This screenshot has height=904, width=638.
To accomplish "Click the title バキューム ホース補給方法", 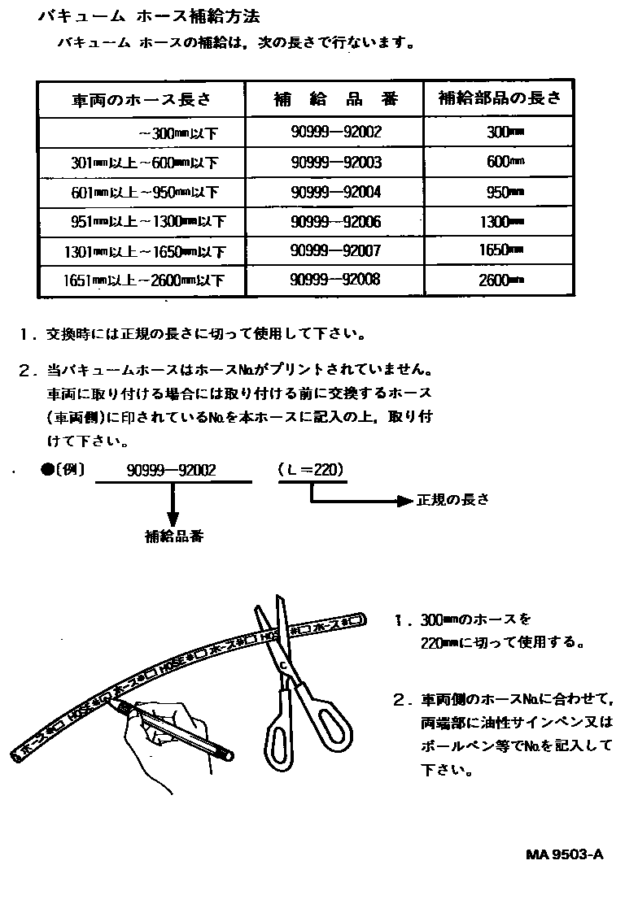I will pos(155,16).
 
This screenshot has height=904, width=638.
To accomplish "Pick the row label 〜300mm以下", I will pos(178,133).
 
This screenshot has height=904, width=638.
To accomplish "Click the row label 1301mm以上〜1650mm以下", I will pos(143,252).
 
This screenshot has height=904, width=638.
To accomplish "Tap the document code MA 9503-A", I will pos(565,854).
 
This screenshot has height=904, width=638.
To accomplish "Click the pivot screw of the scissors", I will pos(283,667).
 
